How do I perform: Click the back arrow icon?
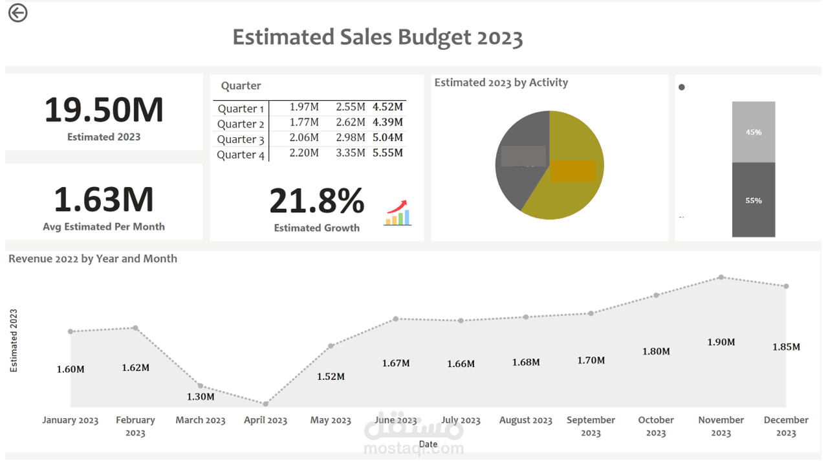coord(18,13)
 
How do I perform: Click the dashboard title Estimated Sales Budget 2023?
coord(377,38)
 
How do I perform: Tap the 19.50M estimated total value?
coord(103,110)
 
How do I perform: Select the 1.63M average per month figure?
coord(103,199)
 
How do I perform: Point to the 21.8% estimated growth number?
coord(316,201)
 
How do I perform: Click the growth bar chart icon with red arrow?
coord(398,213)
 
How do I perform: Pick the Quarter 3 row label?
coord(241,139)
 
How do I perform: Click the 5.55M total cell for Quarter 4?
coord(387,153)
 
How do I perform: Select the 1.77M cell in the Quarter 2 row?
coord(304,122)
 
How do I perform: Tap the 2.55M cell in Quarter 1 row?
coord(351,107)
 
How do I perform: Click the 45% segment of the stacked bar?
coord(754,132)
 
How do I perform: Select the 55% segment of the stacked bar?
coord(754,200)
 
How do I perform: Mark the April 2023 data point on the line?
coord(265,404)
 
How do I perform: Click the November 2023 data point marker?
coord(721,277)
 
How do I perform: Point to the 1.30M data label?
coord(201,397)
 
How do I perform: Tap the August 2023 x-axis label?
coord(525,420)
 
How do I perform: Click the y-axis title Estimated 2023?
coord(14,340)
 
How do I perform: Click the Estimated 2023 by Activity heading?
coord(501,82)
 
